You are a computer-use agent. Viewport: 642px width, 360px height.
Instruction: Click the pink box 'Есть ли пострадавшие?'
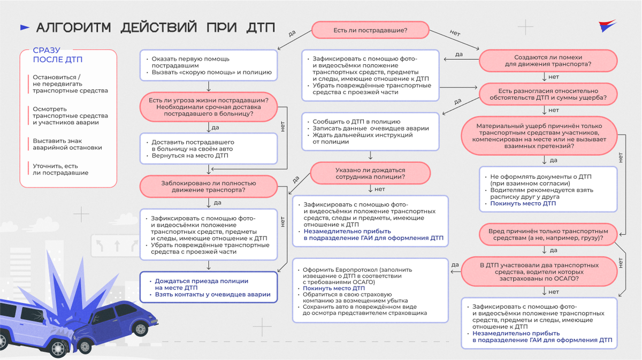click(370, 30)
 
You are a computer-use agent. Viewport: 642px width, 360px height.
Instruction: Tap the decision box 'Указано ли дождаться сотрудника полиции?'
click(370, 173)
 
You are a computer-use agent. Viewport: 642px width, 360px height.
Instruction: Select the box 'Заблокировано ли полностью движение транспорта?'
click(209, 186)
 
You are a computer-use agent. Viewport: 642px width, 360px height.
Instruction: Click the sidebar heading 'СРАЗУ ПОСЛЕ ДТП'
click(53, 55)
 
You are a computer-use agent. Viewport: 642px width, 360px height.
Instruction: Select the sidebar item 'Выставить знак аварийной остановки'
click(67, 144)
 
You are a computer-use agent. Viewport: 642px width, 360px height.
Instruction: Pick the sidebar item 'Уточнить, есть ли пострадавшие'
click(60, 170)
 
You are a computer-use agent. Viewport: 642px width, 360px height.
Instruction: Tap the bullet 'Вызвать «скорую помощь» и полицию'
click(211, 72)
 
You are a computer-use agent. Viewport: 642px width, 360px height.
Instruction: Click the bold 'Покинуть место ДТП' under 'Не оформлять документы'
click(523, 204)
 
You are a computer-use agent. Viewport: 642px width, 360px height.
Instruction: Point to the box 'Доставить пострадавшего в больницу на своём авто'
click(209, 149)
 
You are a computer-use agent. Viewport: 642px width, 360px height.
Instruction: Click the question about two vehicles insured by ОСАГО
click(539, 272)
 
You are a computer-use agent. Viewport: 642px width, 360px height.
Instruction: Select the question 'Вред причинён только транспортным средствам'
click(548, 234)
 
